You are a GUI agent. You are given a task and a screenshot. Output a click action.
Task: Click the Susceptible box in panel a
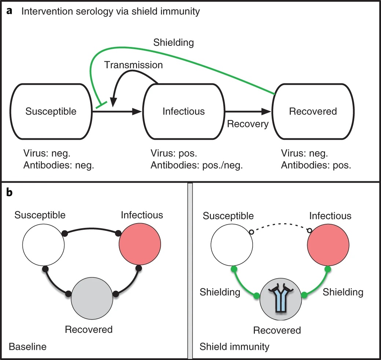pyautogui.click(x=51, y=111)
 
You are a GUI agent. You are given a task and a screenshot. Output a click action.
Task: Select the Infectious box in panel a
pyautogui.click(x=183, y=111)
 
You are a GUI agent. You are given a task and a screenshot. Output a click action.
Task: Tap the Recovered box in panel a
pyautogui.click(x=313, y=111)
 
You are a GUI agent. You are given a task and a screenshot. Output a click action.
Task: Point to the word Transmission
pyautogui.click(x=133, y=65)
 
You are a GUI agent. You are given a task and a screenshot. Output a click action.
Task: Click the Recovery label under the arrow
pyautogui.click(x=248, y=124)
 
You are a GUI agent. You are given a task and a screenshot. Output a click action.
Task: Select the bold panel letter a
pyautogui.click(x=9, y=11)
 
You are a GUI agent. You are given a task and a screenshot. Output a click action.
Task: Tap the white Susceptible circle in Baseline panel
pyautogui.click(x=44, y=244)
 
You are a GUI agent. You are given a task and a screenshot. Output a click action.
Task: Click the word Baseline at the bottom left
pyautogui.click(x=27, y=346)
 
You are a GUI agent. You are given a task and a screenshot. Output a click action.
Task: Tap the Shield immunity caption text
pyautogui.click(x=234, y=346)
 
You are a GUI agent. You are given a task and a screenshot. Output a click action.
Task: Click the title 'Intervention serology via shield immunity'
pyautogui.click(x=111, y=11)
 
